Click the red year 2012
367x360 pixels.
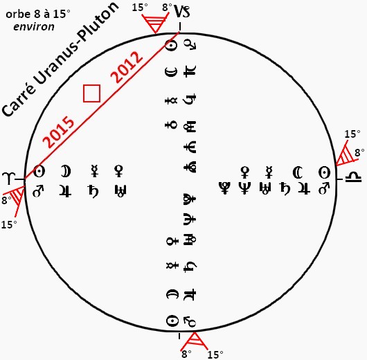[127, 66]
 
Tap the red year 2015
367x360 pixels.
[58, 132]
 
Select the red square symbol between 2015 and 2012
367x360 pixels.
[91, 93]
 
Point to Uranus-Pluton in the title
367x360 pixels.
[78, 44]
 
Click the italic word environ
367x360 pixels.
[34, 27]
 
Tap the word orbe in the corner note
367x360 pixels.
[15, 15]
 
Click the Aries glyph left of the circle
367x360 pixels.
[8, 179]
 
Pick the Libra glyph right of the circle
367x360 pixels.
[354, 177]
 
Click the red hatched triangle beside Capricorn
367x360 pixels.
[155, 22]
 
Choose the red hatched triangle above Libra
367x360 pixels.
[346, 154]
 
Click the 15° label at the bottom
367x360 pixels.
[215, 354]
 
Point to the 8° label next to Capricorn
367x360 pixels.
[167, 8]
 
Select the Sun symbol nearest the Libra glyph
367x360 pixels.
[325, 173]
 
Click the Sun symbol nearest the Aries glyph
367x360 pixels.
[39, 172]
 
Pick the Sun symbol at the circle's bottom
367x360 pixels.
[172, 321]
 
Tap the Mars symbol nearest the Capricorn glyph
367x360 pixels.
[190, 44]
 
